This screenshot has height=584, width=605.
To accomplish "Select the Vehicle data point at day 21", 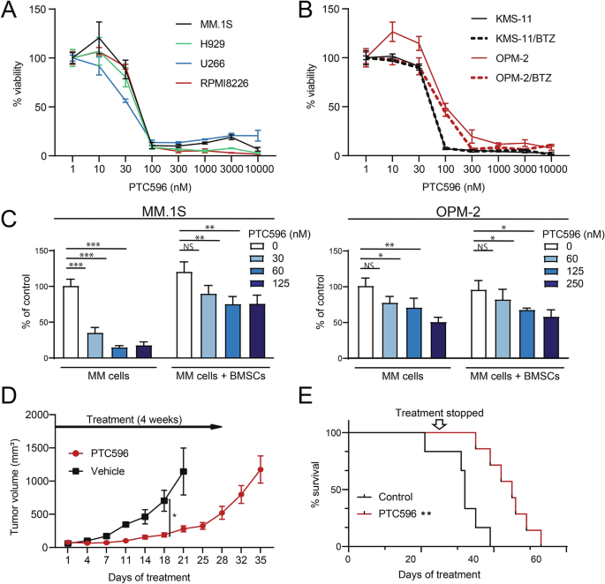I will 183,471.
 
